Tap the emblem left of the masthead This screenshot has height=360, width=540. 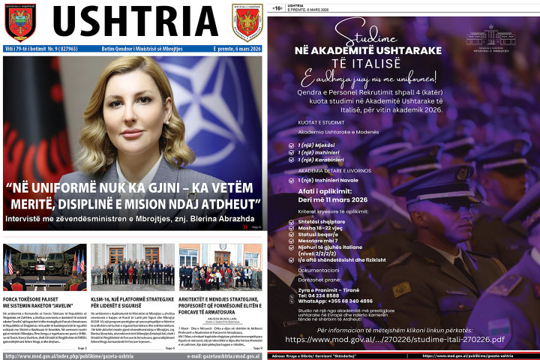point(20,22)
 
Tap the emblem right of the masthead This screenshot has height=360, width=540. point(247,22)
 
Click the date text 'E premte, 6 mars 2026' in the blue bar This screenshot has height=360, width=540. point(235,49)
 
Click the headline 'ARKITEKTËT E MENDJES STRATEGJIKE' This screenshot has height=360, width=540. point(220,302)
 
